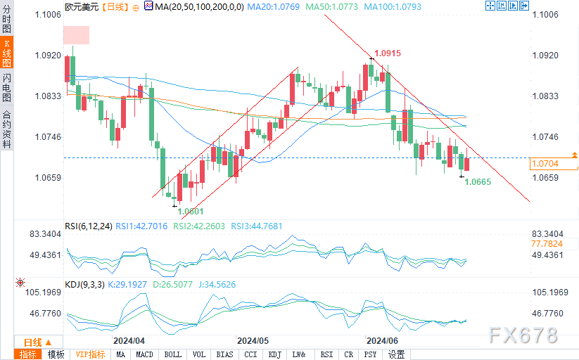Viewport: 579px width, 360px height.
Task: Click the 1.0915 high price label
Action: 388,53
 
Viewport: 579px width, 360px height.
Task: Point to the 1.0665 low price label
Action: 478,181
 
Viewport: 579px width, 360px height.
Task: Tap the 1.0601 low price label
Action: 190,211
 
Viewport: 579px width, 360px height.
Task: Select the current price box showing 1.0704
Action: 553,164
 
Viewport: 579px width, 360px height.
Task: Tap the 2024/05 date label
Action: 253,339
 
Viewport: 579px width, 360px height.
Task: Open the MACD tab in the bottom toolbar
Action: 145,354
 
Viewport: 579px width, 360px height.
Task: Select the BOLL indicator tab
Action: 172,354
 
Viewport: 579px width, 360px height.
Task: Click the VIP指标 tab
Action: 90,354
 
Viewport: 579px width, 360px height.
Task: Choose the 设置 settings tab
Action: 397,354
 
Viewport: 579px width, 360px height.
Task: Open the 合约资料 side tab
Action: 6,130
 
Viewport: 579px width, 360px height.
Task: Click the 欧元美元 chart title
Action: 82,6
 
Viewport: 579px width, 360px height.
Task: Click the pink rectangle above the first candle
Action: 77,35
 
